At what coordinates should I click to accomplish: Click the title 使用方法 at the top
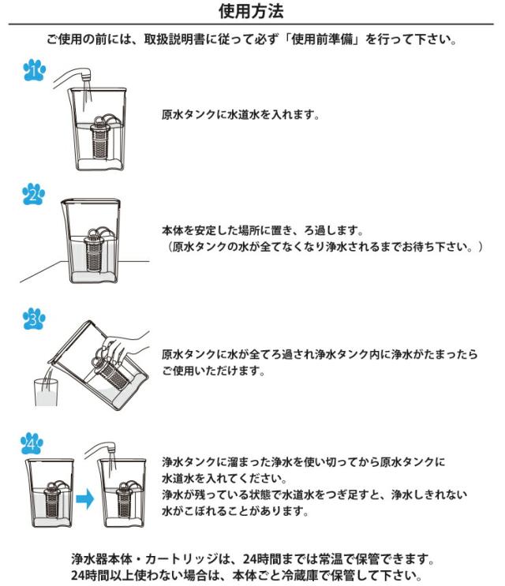(x=251, y=11)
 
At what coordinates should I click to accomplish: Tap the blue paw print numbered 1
(x=35, y=70)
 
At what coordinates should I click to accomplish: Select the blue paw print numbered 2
(x=34, y=194)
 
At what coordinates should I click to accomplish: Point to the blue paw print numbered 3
(x=34, y=319)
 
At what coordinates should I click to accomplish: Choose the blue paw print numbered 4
(x=32, y=443)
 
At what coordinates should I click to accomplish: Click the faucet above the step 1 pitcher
(x=73, y=77)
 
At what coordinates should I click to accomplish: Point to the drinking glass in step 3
(x=47, y=393)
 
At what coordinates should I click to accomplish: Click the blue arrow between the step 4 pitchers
(x=85, y=498)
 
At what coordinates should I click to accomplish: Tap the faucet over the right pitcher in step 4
(x=101, y=450)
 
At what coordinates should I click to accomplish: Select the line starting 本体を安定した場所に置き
(x=263, y=230)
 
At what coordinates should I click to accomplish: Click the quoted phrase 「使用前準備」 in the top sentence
(x=322, y=39)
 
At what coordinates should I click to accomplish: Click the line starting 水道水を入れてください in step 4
(x=225, y=479)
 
